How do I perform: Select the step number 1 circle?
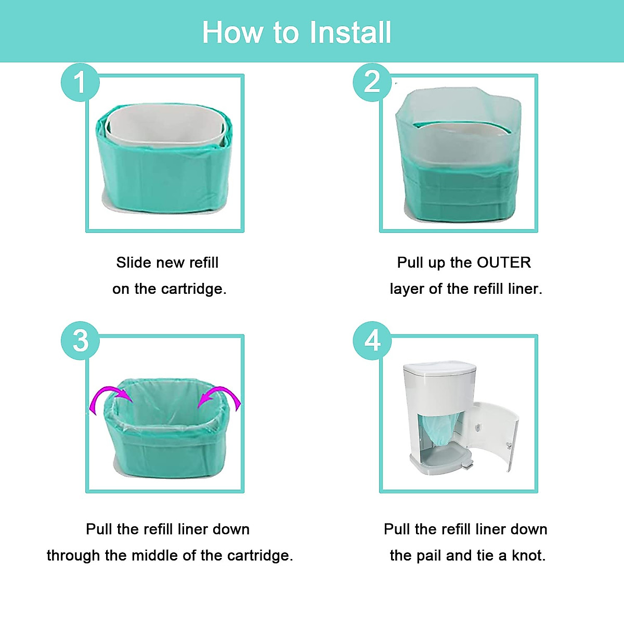(x=80, y=82)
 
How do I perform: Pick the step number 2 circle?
(x=372, y=82)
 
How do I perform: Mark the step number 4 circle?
(x=372, y=341)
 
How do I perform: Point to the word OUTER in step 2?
(x=504, y=263)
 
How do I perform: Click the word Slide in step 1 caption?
(x=133, y=263)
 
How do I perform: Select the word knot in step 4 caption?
(x=528, y=555)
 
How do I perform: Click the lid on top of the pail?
(x=439, y=368)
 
